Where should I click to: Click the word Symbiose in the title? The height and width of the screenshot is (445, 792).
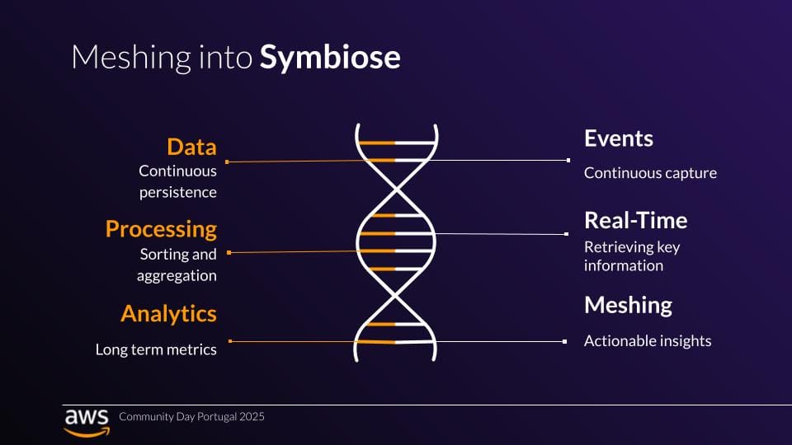click(x=331, y=58)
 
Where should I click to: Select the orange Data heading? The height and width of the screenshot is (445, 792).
click(x=191, y=147)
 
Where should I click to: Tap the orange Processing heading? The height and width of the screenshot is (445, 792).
click(x=161, y=228)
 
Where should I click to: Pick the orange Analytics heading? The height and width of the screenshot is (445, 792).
click(x=168, y=313)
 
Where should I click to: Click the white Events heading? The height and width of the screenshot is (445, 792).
click(x=619, y=138)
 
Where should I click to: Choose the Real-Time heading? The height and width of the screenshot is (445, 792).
click(x=635, y=220)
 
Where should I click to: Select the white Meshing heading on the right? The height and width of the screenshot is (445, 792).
click(x=628, y=305)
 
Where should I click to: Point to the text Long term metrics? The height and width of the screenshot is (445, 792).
click(x=156, y=349)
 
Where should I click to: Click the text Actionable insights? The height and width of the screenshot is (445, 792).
click(x=648, y=340)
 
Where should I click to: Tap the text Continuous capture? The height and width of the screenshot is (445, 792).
click(x=650, y=173)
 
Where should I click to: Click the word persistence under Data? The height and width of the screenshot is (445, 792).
click(x=178, y=192)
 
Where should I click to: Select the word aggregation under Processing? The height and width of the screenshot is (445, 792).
click(x=177, y=275)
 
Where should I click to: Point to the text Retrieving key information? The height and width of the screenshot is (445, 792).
click(x=631, y=255)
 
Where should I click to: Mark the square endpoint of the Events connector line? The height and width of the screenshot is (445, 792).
click(x=568, y=160)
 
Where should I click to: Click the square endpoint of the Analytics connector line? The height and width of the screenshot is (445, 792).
click(x=230, y=341)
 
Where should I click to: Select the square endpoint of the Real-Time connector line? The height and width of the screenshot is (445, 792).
click(x=568, y=234)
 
